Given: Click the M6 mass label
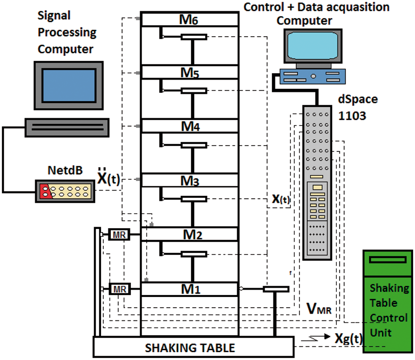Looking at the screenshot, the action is tap(189, 20).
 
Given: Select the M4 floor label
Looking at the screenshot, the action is tap(190, 126).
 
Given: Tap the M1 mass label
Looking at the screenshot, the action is tap(190, 289).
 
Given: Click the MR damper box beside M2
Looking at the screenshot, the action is tap(119, 234).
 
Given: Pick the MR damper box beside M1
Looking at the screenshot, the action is tap(120, 289).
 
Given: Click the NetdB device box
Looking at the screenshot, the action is tap(65, 191).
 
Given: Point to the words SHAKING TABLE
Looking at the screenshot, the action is tap(190, 348).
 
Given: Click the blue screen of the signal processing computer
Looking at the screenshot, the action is tap(69, 85).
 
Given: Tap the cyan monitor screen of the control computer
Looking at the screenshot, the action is tap(313, 45).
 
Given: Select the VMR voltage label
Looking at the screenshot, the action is tap(319, 309).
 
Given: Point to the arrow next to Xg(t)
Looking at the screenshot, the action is tap(316, 338).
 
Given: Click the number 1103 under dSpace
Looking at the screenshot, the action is tap(352, 116).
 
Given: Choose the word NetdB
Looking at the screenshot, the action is tap(65, 170).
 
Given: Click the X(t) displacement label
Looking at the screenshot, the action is tap(281, 199).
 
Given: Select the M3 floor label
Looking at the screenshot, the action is tap(190, 181).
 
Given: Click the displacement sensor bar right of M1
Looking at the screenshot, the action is tap(276, 289).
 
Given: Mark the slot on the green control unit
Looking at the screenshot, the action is tap(388, 260).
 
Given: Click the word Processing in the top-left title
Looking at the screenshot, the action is tap(67, 33).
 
